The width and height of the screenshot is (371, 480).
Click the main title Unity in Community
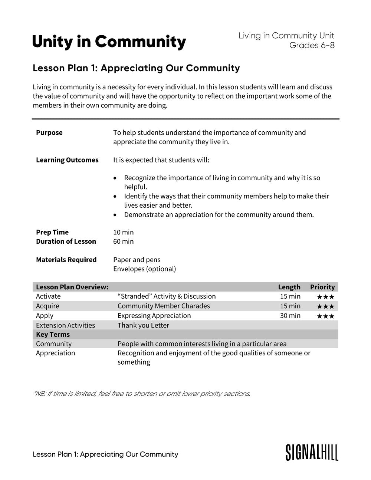point(109,42)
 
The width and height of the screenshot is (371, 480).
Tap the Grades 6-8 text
point(312,45)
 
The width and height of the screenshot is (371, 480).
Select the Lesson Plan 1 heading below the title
point(136,68)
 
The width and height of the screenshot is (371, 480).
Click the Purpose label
point(49,133)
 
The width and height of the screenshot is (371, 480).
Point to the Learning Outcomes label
point(67,160)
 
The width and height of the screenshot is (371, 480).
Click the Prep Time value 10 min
point(123,232)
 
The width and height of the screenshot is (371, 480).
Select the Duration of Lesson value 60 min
point(123,241)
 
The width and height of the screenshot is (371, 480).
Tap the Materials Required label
point(66,260)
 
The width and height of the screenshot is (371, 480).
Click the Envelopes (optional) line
point(144,269)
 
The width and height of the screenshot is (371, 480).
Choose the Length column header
point(289,287)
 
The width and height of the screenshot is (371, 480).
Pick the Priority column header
point(322,287)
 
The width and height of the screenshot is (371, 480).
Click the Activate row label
point(48,296)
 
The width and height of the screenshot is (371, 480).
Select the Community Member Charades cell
point(164,306)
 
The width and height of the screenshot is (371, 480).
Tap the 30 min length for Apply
point(290,316)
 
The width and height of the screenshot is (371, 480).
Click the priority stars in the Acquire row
point(325,306)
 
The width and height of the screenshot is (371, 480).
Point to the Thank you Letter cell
point(143,325)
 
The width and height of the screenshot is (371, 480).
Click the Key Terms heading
point(53,335)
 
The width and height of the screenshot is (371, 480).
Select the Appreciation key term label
point(55,353)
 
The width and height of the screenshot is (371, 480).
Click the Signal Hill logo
point(312,453)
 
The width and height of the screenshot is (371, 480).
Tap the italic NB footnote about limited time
point(142,394)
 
